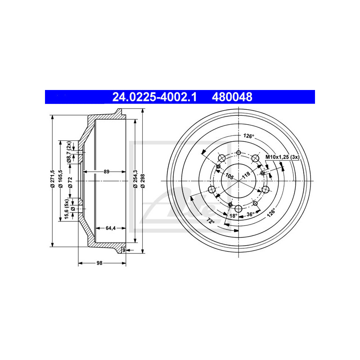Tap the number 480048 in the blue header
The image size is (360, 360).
pyautogui.click(x=232, y=97)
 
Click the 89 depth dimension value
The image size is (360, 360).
pyautogui.click(x=106, y=171)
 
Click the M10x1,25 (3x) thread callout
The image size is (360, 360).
pyautogui.click(x=282, y=157)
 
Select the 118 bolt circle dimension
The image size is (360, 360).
pyautogui.click(x=246, y=176)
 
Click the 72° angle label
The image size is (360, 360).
pyautogui.click(x=210, y=221)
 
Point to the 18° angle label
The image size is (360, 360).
pyautogui.click(x=233, y=216)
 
